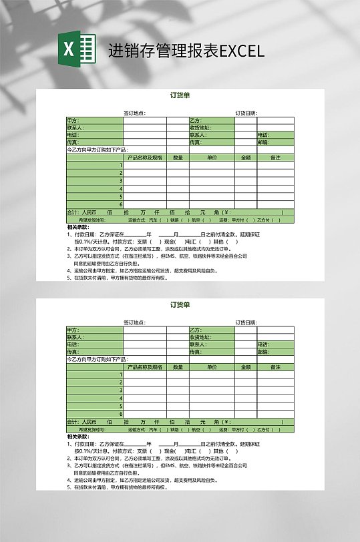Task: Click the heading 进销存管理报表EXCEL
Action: [x=186, y=51]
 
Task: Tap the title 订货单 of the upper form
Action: [x=180, y=95]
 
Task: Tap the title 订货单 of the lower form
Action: [x=180, y=305]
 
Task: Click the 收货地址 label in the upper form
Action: [x=200, y=127]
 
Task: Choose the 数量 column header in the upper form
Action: [x=178, y=158]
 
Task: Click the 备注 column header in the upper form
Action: [x=275, y=158]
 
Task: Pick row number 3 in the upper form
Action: [x=121, y=180]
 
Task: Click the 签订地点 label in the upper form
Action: [x=135, y=113]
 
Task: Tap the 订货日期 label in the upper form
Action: [x=246, y=113]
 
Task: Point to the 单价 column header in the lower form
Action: [x=212, y=367]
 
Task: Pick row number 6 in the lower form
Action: [x=121, y=413]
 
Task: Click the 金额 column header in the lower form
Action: [x=246, y=367]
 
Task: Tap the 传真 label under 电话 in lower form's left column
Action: [x=73, y=352]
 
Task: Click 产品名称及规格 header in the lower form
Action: [x=144, y=367]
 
